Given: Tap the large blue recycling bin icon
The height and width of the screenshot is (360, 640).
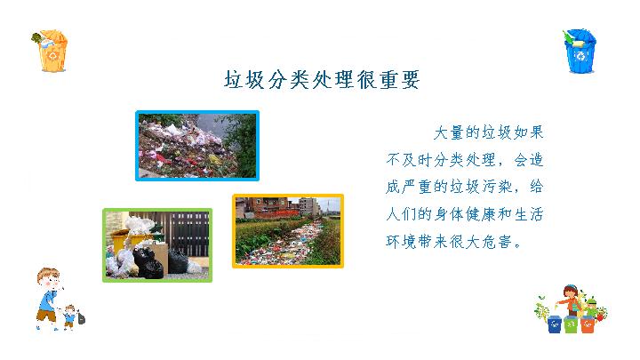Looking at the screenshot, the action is click(580, 52).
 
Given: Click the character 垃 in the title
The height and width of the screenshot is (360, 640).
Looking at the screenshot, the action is click(234, 79).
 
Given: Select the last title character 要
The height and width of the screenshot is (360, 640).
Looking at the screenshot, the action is click(410, 79).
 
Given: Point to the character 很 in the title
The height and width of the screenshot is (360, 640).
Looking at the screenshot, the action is click(366, 79).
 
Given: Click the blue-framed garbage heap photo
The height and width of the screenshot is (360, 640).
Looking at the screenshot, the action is click(197, 146).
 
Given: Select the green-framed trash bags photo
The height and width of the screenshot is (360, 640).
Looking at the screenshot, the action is click(157, 245).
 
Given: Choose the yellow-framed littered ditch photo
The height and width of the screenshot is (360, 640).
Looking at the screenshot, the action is click(288, 231).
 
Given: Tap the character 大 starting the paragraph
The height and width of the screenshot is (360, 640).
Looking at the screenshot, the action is click(441, 132).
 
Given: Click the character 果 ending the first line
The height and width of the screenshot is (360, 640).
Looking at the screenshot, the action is click(535, 132).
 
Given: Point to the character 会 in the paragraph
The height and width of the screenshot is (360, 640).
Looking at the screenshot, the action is click(520, 160).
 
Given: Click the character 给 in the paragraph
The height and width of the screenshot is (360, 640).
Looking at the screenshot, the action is click(536, 187).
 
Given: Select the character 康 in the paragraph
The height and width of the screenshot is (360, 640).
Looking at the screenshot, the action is click(489, 214).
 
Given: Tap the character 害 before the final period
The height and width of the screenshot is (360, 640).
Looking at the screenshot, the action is click(505, 242).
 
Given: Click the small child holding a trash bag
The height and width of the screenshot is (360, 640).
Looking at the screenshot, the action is click(72, 316).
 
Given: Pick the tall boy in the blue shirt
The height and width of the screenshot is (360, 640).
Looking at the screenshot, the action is click(48, 298).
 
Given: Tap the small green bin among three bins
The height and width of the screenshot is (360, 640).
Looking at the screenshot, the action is click(571, 325).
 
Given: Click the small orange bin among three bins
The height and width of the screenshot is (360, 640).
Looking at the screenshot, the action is click(588, 324).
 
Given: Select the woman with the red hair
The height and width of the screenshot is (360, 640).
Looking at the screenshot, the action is click(570, 300).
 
